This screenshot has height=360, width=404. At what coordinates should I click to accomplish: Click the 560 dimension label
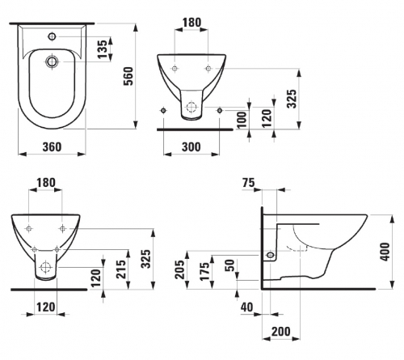128,76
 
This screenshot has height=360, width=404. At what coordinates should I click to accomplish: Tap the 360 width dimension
52,147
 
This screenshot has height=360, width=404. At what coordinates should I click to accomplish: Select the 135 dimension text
102,49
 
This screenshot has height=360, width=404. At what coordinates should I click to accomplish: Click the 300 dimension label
191,147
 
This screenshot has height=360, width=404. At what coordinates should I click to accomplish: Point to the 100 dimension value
242,120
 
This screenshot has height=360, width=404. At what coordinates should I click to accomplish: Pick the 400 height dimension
385,252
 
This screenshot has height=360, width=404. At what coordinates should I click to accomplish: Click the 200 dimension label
281,332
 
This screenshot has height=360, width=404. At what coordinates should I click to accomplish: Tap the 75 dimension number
248,183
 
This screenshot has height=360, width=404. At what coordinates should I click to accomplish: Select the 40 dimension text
247,307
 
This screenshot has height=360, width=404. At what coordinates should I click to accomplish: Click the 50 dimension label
229,265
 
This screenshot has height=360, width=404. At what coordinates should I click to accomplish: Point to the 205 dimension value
180,269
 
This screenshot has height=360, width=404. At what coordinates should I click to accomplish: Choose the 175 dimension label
204,271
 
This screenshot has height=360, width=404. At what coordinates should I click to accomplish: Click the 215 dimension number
120,269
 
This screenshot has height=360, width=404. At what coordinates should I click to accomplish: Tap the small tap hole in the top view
52,36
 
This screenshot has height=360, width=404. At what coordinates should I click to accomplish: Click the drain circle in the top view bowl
52,61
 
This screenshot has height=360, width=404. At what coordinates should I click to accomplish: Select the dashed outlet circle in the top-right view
191,107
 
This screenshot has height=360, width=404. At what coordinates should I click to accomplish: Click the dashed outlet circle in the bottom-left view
45,267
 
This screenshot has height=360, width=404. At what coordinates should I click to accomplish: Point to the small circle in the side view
270,255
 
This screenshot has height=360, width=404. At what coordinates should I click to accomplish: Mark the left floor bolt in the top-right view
163,110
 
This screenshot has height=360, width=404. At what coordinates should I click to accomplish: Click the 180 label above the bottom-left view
46,183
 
